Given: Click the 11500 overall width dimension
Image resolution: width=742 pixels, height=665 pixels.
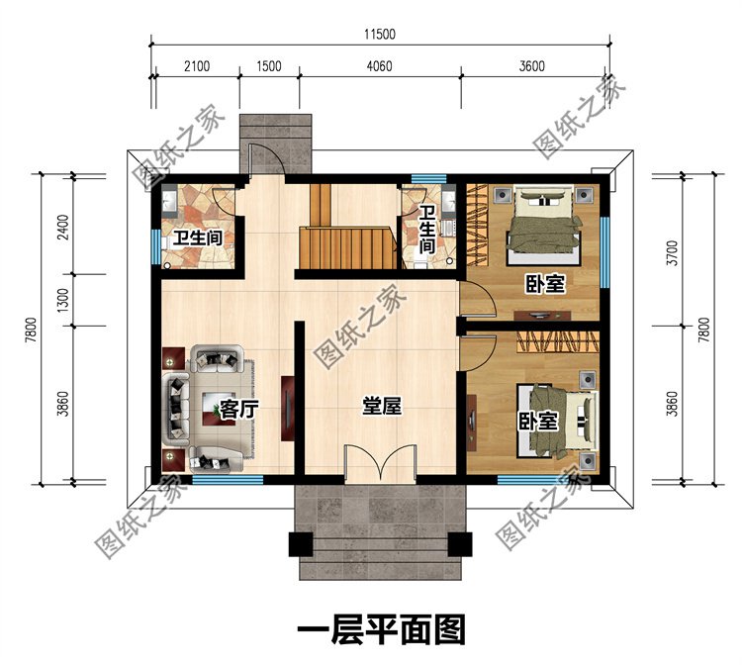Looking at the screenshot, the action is (380, 34).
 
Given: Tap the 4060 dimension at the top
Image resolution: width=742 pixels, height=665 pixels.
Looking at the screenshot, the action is (380, 65).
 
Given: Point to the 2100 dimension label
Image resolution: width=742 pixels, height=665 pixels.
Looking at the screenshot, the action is (197, 65).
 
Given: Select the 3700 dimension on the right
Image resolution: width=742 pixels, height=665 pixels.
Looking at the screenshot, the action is (673, 253).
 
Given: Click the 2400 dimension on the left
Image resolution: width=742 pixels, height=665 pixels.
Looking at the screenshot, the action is (63, 228).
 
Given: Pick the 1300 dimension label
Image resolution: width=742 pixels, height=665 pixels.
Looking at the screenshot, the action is (63, 299).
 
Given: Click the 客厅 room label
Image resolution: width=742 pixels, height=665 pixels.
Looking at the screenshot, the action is (239, 410).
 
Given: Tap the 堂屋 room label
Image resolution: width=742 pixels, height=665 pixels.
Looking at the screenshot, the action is (382, 406).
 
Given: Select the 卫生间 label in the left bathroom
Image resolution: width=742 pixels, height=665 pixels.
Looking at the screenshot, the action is (198, 238).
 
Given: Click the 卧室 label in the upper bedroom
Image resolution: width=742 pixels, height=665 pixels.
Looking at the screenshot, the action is (545, 284).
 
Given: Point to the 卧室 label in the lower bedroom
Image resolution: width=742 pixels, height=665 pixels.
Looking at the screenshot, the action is (538, 421).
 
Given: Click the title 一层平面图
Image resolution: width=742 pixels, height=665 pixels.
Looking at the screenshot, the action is (382, 630).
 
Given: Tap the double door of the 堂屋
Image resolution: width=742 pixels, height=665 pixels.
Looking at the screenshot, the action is (381, 463).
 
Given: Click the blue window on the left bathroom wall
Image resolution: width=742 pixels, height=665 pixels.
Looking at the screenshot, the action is (155, 246).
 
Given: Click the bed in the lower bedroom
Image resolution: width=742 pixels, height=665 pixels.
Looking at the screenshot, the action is (557, 422).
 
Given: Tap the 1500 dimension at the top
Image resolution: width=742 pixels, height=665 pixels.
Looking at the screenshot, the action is (269, 65).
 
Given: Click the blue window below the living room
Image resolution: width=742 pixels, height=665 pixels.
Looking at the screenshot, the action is (228, 480).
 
